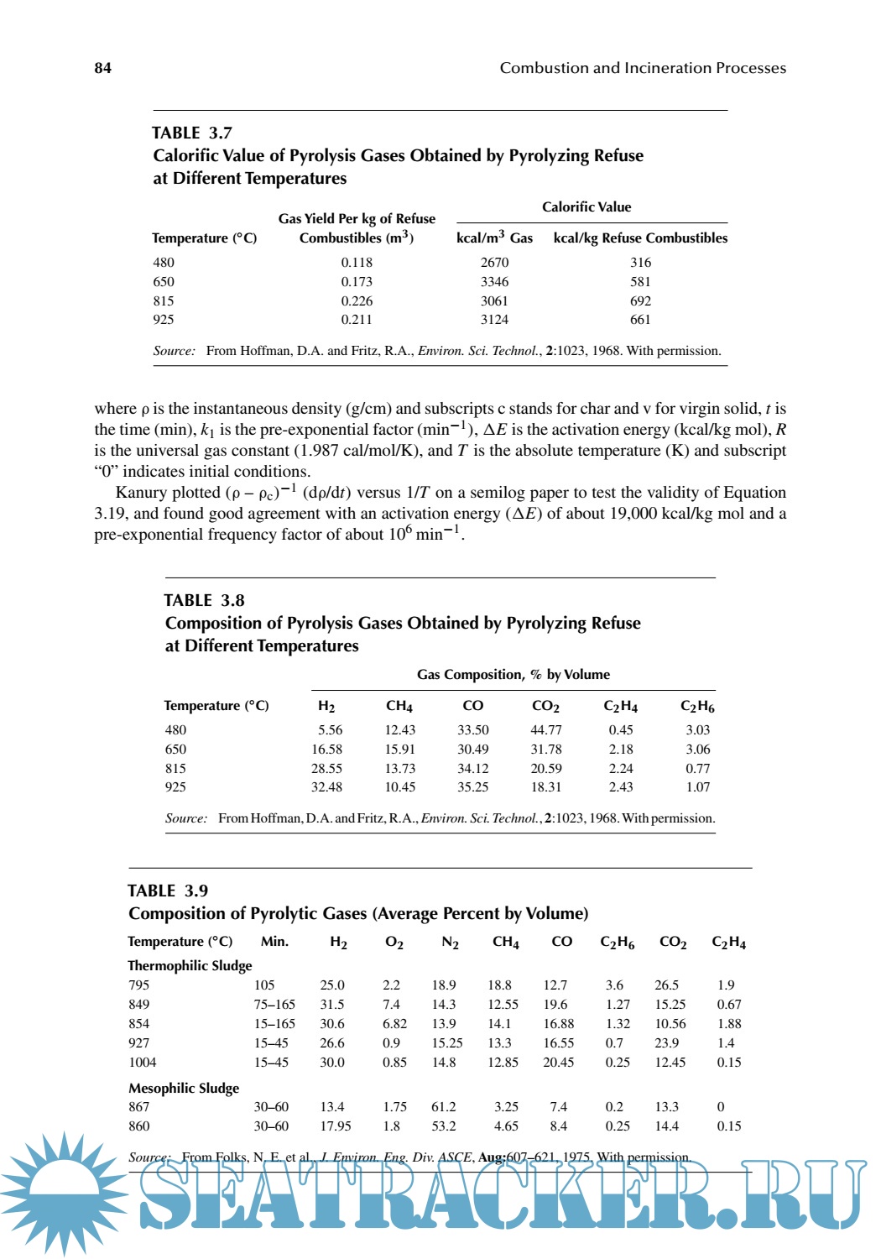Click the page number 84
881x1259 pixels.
[102, 68]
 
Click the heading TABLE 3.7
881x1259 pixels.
[192, 133]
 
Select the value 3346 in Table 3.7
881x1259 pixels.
[494, 282]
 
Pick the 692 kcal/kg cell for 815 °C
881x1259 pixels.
[640, 301]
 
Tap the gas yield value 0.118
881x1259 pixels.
[357, 263]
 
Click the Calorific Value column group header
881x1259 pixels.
[586, 207]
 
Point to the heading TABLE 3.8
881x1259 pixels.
[204, 600]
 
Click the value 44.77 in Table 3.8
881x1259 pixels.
[546, 730]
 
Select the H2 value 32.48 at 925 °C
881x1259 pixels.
[326, 787]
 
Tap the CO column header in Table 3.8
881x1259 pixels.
[473, 706]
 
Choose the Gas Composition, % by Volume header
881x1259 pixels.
[513, 675]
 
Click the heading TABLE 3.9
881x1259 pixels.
[168, 891]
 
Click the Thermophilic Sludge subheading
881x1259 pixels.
[190, 965]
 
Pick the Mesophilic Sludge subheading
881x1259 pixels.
[184, 1088]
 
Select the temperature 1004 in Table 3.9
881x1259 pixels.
[143, 1063]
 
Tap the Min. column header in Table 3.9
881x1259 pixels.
[274, 942]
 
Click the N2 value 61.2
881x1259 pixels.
[444, 1107]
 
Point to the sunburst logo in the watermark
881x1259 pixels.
[64, 1192]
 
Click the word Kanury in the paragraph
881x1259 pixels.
[140, 493]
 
